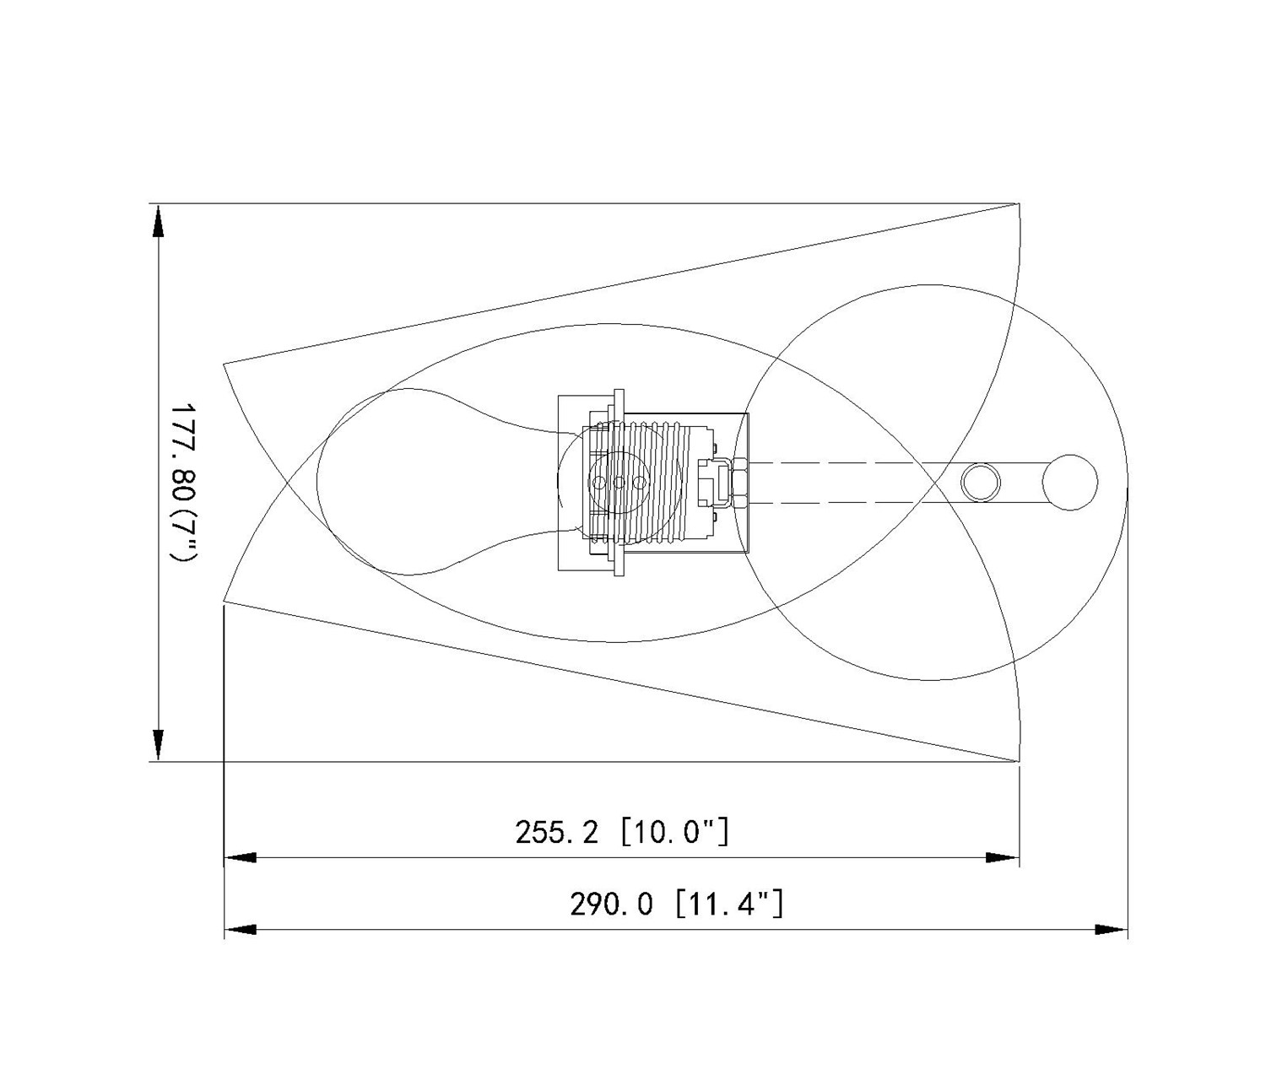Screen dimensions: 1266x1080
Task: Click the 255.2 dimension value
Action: pyautogui.click(x=556, y=833)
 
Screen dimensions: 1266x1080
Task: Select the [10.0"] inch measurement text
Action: pyautogui.click(x=675, y=833)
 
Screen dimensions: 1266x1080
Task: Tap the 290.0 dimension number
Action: pyautogui.click(x=612, y=904)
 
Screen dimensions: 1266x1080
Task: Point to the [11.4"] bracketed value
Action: pyautogui.click(x=729, y=904)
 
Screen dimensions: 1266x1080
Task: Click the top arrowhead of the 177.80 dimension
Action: pyautogui.click(x=159, y=219)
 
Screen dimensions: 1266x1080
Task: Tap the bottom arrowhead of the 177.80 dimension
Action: pyautogui.click(x=159, y=745)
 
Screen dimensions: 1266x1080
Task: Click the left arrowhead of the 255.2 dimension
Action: pyautogui.click(x=241, y=858)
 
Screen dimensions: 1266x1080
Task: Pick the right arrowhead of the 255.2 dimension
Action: pyautogui.click(x=1004, y=858)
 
